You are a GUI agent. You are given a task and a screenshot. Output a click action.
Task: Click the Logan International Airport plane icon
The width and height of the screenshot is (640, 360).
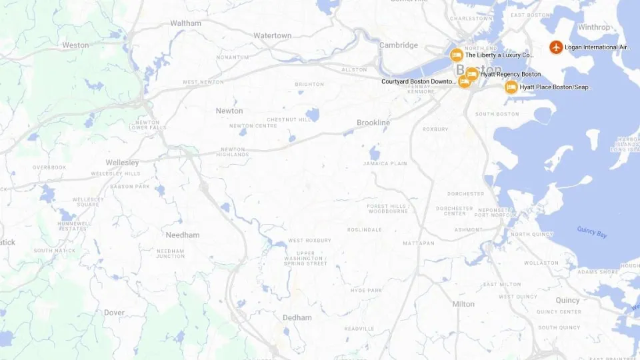point(555,47)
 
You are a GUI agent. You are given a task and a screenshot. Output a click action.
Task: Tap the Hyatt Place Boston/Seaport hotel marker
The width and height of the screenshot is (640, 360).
point(511,87)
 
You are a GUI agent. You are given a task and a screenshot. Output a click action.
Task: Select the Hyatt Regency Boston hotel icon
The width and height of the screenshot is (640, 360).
point(472,74)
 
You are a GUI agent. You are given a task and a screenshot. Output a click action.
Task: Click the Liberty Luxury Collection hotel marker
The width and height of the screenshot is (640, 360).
point(457,55)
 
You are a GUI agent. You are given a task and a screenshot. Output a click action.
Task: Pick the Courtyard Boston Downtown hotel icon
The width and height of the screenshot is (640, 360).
point(465,81)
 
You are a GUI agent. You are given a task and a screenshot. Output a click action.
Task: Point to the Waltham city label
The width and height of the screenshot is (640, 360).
point(185,23)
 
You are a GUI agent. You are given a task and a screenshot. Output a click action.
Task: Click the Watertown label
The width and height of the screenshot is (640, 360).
point(272,35)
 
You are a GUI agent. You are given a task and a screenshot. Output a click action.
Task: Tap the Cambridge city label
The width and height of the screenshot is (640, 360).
point(399,45)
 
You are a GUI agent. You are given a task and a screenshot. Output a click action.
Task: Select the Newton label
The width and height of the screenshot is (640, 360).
point(229,111)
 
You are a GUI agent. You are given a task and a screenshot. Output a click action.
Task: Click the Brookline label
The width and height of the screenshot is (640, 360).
point(373,123)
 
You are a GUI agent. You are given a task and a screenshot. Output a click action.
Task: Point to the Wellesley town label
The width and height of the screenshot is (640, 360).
point(122,163)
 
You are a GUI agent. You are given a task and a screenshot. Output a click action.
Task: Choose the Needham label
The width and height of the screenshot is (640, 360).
point(183,235)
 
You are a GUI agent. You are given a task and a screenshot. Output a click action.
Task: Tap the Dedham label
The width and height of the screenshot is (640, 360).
point(297,318)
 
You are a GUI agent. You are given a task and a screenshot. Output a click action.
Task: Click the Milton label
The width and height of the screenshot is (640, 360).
point(463,304)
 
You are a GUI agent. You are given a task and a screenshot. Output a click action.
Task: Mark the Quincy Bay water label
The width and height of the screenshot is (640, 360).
point(591,232)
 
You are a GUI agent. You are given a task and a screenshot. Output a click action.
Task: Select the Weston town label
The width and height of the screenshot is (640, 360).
point(75,45)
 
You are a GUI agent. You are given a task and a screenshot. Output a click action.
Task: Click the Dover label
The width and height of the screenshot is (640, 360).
point(114,313)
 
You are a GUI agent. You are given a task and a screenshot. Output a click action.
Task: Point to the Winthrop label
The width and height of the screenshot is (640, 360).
point(593,27)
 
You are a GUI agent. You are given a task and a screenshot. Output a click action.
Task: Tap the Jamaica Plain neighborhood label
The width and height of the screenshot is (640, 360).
point(385,163)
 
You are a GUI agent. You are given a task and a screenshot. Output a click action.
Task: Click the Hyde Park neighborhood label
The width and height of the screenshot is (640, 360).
point(365,290)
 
